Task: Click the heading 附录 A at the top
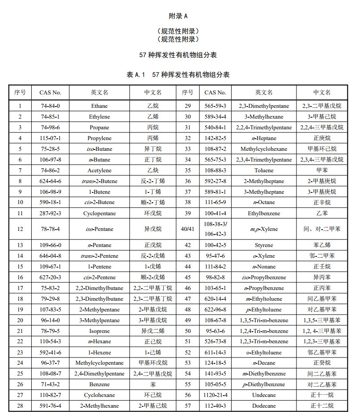click(178, 16)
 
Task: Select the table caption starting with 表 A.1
click(178, 75)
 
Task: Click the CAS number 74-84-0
click(51, 106)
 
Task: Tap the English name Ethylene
click(99, 117)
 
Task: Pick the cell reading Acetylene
click(99, 171)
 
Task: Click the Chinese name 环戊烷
click(152, 213)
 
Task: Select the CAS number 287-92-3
click(51, 213)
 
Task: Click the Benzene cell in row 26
click(99, 384)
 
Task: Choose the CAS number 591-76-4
click(51, 406)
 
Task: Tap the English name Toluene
click(263, 171)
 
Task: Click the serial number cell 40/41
click(188, 229)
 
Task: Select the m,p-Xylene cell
click(263, 229)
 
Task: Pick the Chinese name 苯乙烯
click(322, 245)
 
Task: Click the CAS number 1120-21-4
click(216, 395)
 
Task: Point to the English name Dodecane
click(263, 406)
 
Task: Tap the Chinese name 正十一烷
click(322, 395)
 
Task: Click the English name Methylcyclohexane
click(263, 149)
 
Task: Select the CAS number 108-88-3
click(216, 171)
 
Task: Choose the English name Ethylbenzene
click(263, 213)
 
